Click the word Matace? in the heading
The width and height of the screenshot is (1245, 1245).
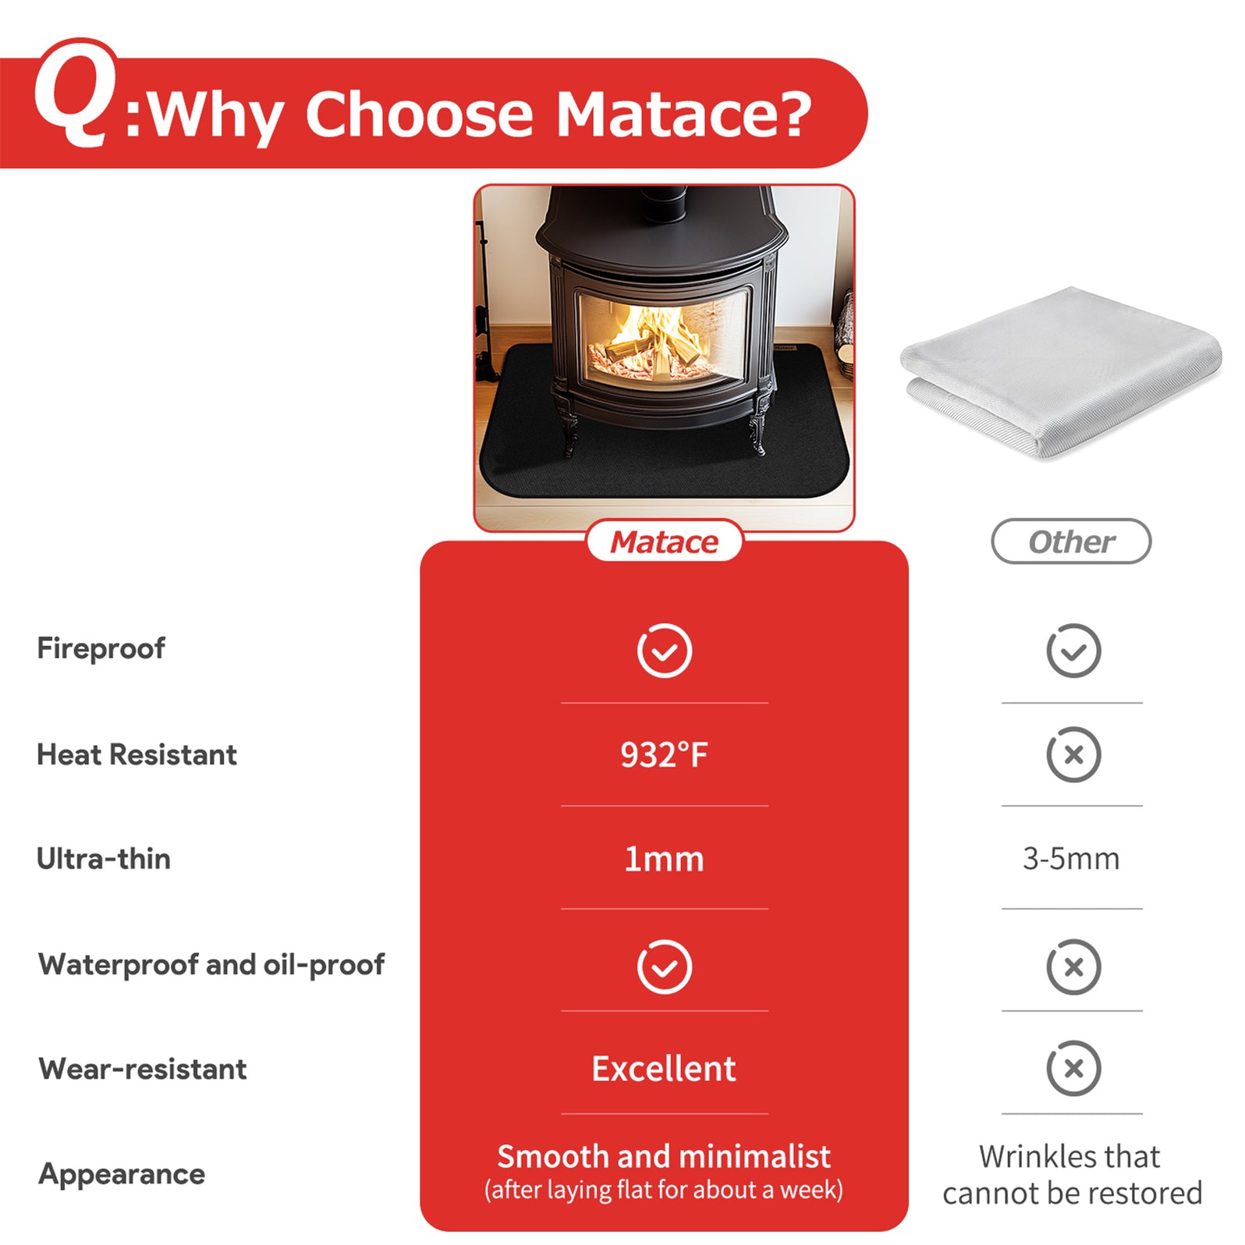point(683,114)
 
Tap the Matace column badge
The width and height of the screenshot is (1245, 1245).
point(664,541)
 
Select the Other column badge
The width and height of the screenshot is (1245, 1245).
point(1071,541)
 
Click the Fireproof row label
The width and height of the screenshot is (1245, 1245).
point(101,648)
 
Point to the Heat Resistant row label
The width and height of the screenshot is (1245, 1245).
point(137,755)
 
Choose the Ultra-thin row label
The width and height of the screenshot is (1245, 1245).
point(104,859)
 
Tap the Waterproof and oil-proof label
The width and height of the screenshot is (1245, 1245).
point(211,965)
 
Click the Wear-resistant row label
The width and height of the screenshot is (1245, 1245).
point(143,1069)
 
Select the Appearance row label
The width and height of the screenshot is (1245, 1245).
point(122,1174)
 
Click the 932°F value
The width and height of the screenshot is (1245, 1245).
point(664,755)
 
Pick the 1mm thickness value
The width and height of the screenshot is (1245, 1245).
point(664,859)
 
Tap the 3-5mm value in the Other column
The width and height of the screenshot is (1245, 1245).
point(1071,859)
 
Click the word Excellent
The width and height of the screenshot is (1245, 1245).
point(664,1069)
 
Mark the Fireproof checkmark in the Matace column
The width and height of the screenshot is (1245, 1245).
point(664,651)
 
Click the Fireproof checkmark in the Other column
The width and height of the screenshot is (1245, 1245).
point(1073,651)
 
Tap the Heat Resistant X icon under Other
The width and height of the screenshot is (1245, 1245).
point(1073,754)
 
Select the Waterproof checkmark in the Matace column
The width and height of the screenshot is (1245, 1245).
point(664,967)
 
